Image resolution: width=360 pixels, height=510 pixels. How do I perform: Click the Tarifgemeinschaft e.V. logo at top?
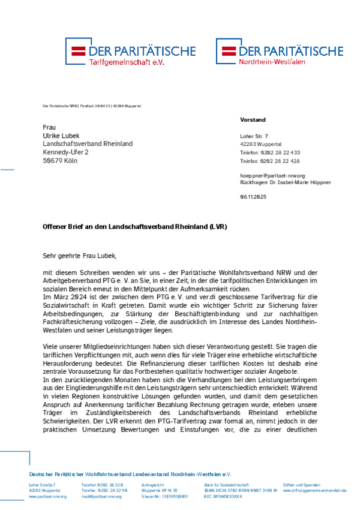pos(130,53)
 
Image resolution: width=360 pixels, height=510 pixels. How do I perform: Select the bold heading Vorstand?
pos(253,120)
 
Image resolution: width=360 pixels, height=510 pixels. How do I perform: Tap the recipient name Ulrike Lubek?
pos(61,136)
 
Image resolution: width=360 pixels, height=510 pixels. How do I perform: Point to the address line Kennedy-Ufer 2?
pos(65,152)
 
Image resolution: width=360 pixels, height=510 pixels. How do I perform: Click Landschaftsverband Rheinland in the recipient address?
pos(88,144)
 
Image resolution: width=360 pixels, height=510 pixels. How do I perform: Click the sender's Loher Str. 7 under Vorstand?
pos(254,136)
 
